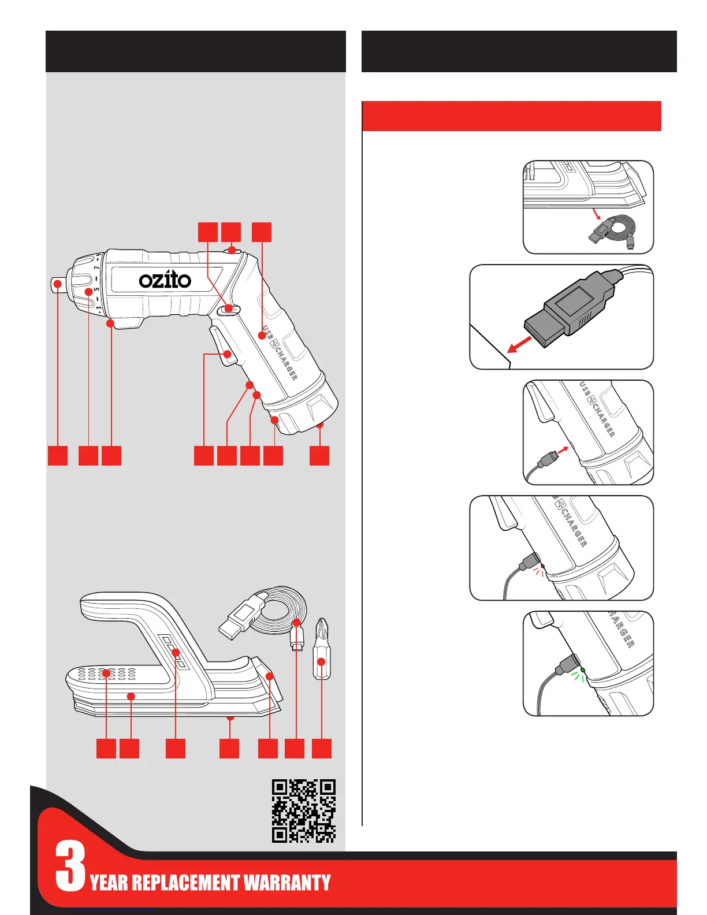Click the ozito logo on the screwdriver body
[165, 280]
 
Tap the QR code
[304, 810]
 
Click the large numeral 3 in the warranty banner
[70, 866]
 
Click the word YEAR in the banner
[109, 883]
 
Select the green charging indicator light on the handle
[583, 669]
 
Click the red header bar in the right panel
[511, 116]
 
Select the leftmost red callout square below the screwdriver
[58, 455]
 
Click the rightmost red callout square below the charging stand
[322, 748]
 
